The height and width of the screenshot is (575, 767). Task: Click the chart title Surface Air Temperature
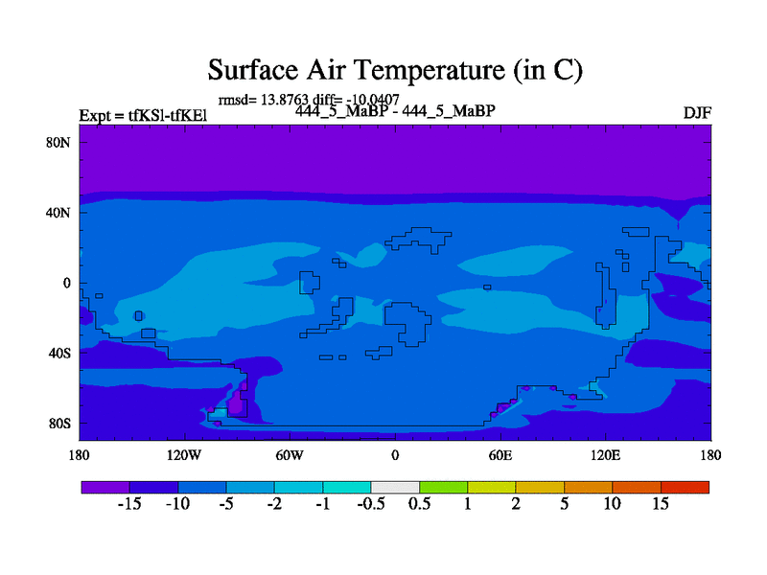pyautogui.click(x=395, y=70)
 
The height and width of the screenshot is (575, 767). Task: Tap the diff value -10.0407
pyautogui.click(x=369, y=100)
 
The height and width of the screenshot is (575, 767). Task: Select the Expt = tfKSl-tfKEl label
pyautogui.click(x=143, y=117)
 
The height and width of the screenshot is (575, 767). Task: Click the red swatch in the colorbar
pyautogui.click(x=685, y=487)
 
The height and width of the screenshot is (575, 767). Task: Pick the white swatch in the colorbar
pyautogui.click(x=395, y=487)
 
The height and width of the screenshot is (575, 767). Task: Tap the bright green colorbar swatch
pyautogui.click(x=443, y=487)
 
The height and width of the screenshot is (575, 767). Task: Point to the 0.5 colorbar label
pyautogui.click(x=419, y=504)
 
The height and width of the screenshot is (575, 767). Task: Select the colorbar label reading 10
pyautogui.click(x=612, y=504)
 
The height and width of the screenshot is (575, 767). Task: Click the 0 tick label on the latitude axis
pyautogui.click(x=68, y=283)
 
